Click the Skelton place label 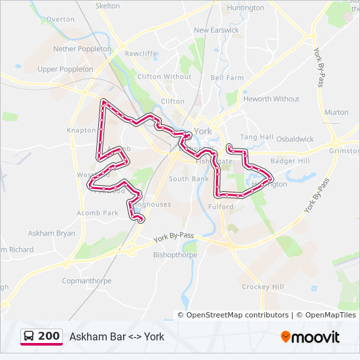[x=108, y=6]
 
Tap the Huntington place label [x=245, y=8]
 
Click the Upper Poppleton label [x=65, y=69]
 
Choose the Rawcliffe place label [x=141, y=54]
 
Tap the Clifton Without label [x=164, y=77]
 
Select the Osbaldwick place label [x=295, y=139]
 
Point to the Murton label [x=336, y=112]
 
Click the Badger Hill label [x=290, y=161]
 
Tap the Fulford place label [x=221, y=207]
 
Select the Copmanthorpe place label [x=86, y=281]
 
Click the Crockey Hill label [x=263, y=287]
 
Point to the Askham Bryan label [x=51, y=233]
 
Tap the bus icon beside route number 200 [x=29, y=336]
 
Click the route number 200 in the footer [x=49, y=336]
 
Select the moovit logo [x=310, y=337]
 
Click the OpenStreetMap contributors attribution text [x=238, y=315]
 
